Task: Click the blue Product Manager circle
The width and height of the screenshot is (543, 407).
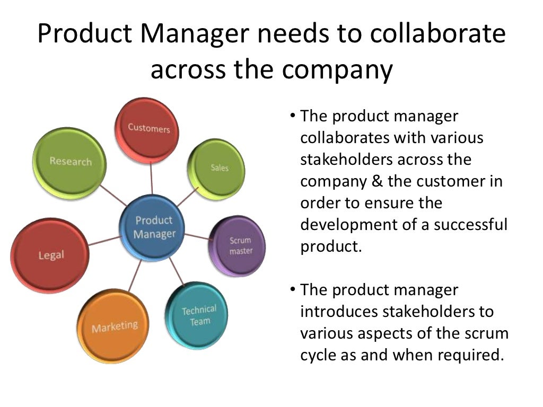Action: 154,227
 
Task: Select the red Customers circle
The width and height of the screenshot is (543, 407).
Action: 148,129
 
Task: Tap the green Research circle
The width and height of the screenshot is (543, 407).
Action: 70,162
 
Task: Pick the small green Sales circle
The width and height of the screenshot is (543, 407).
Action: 218,167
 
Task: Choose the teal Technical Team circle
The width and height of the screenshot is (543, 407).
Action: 198,315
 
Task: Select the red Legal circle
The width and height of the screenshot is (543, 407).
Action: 51,255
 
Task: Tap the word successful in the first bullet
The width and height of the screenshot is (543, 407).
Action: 471,225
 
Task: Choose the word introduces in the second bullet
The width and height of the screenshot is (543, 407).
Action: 338,312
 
